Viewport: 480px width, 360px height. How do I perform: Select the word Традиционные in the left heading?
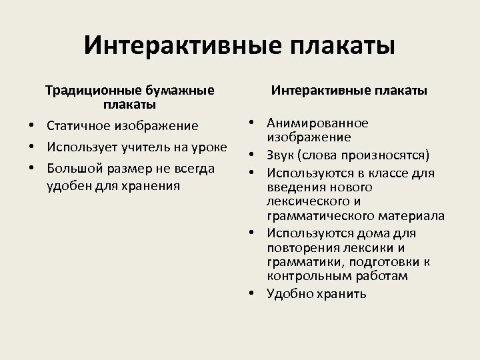(x=88, y=90)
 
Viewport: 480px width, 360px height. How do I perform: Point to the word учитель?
(x=149, y=147)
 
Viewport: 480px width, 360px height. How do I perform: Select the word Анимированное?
(x=317, y=123)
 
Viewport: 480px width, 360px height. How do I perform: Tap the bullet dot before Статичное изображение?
(x=31, y=126)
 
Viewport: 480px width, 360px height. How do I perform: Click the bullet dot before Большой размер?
(x=31, y=167)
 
